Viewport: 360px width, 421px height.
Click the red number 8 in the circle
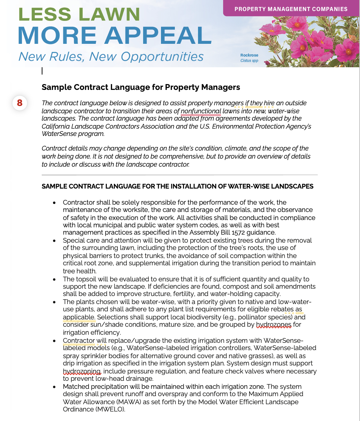[20, 103]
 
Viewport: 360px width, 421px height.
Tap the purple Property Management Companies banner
[291, 9]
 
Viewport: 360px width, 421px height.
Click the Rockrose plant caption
[249, 55]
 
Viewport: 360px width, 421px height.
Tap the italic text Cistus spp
[249, 61]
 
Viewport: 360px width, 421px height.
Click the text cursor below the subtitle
[42, 71]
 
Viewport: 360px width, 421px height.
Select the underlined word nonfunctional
[201, 111]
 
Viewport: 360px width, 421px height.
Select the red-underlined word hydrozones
[274, 325]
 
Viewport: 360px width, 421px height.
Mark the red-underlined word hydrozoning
[82, 371]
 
